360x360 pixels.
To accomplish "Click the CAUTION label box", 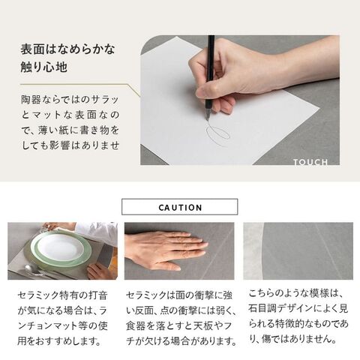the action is [179, 207].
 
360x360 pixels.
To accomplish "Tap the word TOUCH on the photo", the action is [310, 162].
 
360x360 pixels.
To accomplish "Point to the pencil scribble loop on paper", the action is [217, 134].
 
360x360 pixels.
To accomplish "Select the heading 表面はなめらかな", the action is [67, 49].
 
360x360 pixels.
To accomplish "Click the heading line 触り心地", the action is [44, 67].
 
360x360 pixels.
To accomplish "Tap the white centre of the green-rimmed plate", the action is [60, 247].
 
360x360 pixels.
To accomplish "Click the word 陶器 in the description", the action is [31, 100].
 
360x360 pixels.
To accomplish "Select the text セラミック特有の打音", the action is [62, 295].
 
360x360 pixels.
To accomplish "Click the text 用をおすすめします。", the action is [59, 341].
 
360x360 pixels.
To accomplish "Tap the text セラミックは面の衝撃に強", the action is [179, 295].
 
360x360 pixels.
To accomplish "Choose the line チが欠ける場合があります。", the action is [181, 341].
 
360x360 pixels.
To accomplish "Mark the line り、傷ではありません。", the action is [292, 339].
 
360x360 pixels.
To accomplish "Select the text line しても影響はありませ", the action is [70, 145].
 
